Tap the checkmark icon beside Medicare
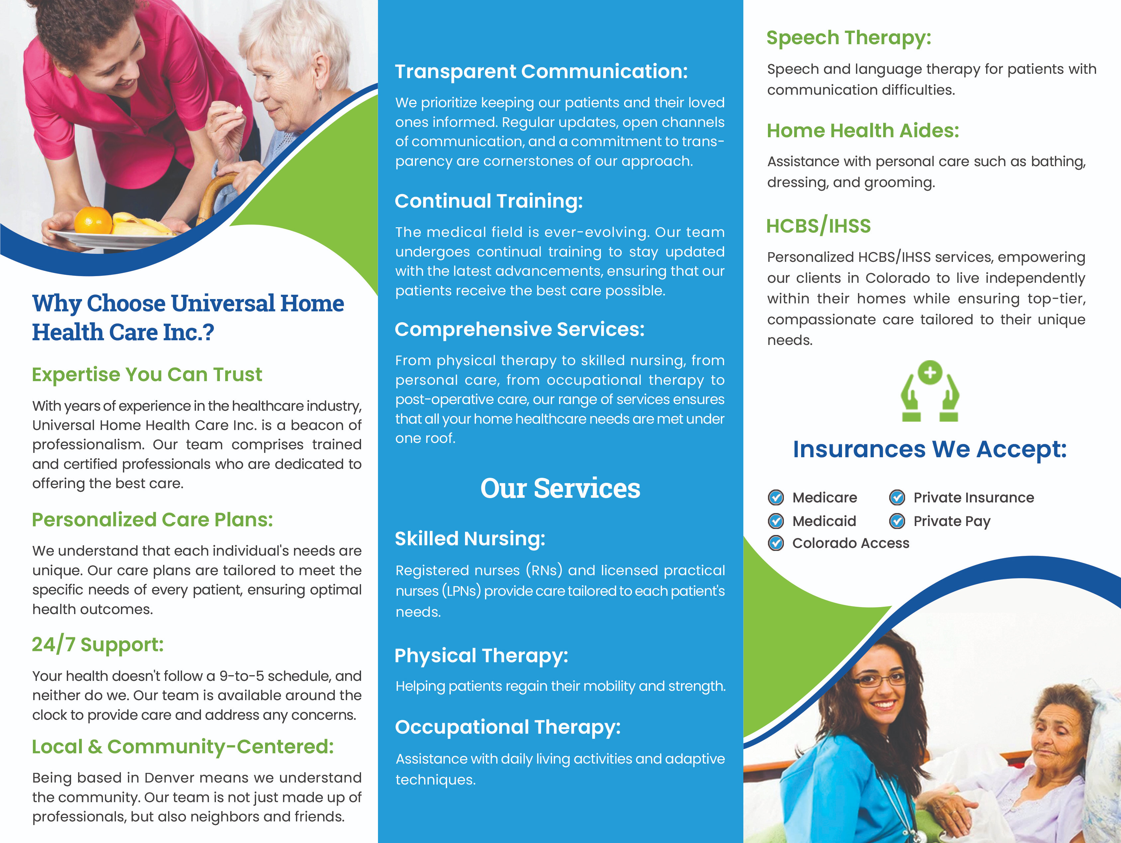coord(775,497)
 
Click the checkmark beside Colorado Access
coord(775,543)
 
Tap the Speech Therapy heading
coord(848,38)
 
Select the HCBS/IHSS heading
coord(818,226)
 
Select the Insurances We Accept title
coord(929,449)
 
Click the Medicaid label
coord(824,521)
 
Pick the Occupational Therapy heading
coord(507,727)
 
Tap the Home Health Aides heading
coord(863,131)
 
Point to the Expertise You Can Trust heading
coord(147,374)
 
